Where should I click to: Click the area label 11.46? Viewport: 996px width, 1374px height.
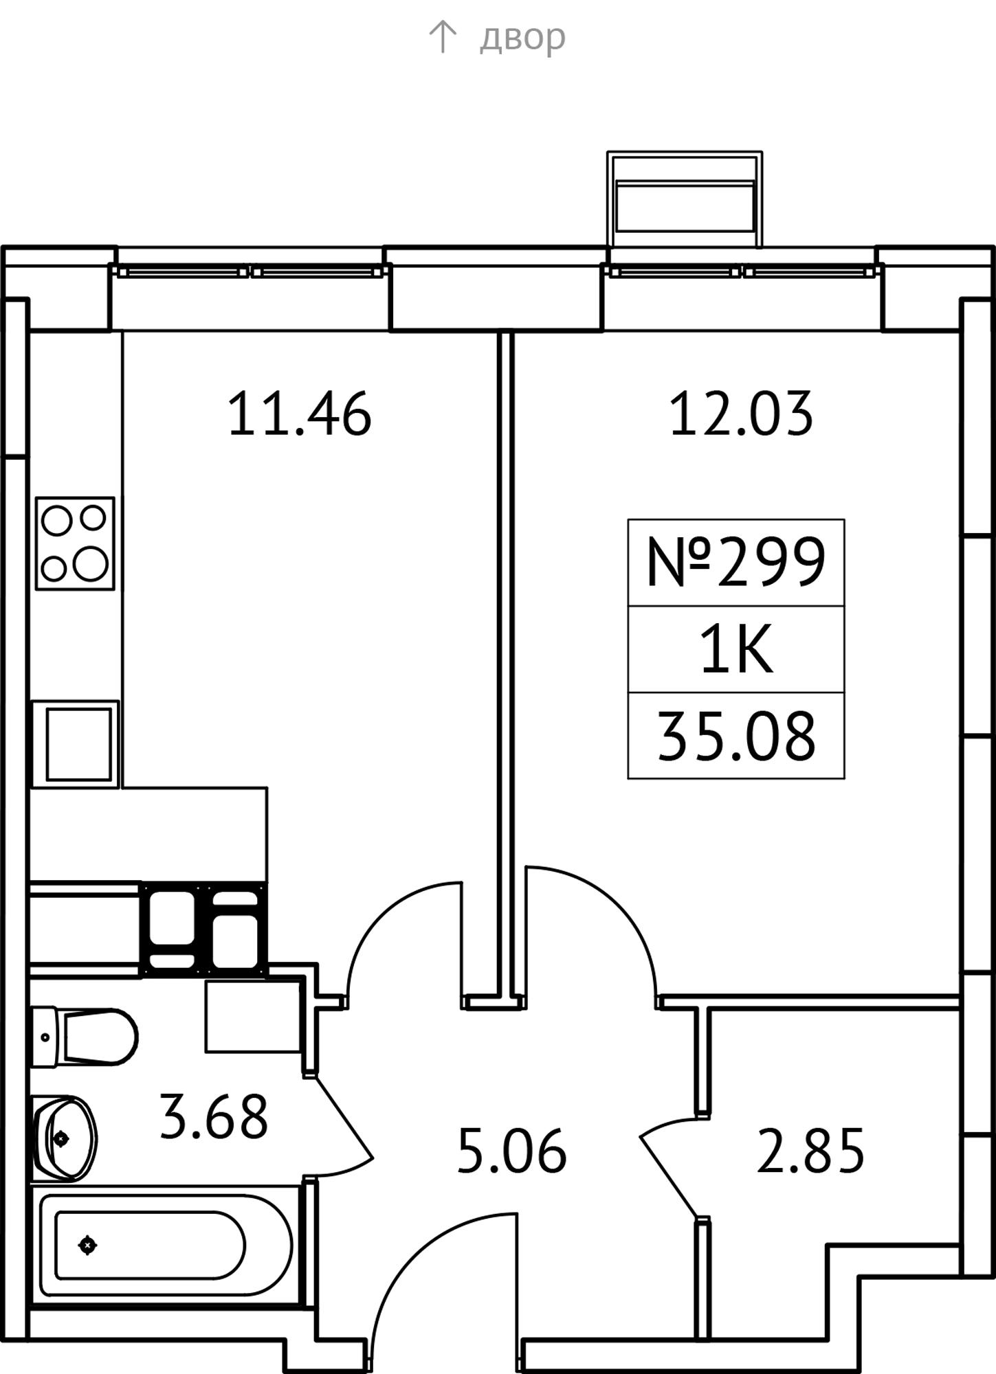pyautogui.click(x=299, y=414)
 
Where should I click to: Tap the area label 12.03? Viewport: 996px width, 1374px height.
pyautogui.click(x=741, y=414)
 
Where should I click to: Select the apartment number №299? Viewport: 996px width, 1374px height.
pyautogui.click(x=735, y=562)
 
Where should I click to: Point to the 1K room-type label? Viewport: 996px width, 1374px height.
pyautogui.click(x=736, y=649)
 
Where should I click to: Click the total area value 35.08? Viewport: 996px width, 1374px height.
pyautogui.click(x=736, y=736)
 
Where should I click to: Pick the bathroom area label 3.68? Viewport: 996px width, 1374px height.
pyautogui.click(x=213, y=1117)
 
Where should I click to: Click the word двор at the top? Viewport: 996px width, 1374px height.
pyautogui.click(x=522, y=37)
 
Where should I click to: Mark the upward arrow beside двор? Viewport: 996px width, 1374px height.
pyautogui.click(x=442, y=36)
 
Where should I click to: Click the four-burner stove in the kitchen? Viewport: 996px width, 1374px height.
pyautogui.click(x=75, y=543)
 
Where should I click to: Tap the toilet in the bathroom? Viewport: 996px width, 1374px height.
pyautogui.click(x=85, y=1037)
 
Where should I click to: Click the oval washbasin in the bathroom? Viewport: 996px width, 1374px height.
pyautogui.click(x=65, y=1138)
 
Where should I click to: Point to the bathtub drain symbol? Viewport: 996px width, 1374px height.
pyautogui.click(x=87, y=1245)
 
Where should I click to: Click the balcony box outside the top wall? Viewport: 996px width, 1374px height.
pyautogui.click(x=685, y=199)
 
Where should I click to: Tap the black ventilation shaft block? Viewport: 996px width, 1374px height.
pyautogui.click(x=203, y=929)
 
